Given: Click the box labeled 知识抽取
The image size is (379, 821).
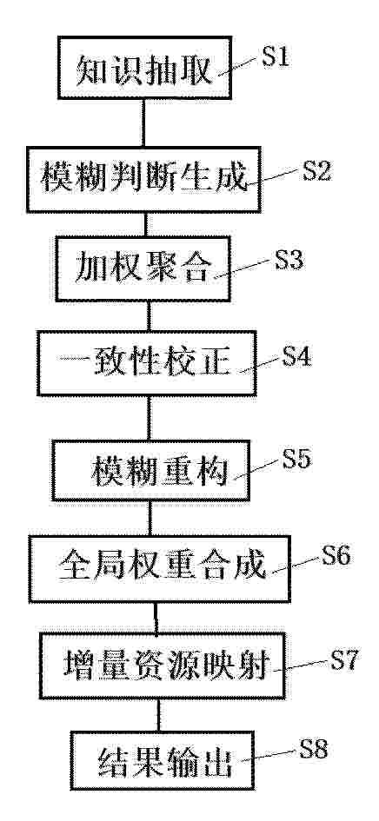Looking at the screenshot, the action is click(143, 68).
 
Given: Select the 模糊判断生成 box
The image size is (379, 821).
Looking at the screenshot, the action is click(143, 180).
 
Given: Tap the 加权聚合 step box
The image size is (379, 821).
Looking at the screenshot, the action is click(143, 269).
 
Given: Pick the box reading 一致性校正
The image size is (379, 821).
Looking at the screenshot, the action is click(147, 363).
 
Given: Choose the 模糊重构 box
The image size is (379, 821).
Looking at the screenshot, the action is click(150, 470).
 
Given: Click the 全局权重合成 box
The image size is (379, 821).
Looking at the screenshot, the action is click(160, 569).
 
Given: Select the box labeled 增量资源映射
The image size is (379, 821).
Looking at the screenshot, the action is click(163, 665).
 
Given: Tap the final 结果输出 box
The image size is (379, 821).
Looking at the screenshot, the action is click(163, 760).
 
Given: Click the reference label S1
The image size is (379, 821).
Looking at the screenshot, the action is click(276, 56).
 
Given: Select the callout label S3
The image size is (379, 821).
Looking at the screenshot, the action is click(289, 260).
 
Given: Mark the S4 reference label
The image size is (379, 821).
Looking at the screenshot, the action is click(296, 356).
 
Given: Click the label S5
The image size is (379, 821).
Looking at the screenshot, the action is click(296, 459).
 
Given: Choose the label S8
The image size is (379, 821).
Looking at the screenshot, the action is click(313, 749).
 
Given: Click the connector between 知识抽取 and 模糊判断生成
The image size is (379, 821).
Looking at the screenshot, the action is click(143, 122).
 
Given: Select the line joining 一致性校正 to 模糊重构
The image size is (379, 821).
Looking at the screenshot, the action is click(149, 418).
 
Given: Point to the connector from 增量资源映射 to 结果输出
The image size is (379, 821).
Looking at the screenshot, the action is click(159, 715).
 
